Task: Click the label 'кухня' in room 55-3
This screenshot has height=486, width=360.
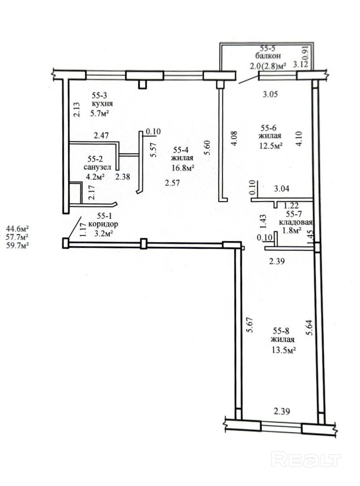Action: pos(102,103)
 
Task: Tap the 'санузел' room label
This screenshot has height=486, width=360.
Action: pos(97,167)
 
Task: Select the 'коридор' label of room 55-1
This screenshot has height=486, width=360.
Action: pos(103,224)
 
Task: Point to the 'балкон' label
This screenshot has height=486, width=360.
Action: pos(268,56)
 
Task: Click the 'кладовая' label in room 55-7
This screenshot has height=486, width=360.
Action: pos(295,222)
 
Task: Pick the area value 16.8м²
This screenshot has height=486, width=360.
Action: pos(183,168)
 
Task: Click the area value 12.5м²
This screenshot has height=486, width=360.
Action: pos(271,145)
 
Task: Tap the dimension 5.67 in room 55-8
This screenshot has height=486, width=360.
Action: pos(249,325)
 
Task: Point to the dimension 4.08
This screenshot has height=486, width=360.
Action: pos(234,138)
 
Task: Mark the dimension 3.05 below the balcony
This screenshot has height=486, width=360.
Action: pos(270,94)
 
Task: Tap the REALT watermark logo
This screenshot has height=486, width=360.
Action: pos(306,459)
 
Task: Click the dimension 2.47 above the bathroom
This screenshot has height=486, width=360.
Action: pos(101,136)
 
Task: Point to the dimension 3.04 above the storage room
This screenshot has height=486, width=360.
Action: pos(281,188)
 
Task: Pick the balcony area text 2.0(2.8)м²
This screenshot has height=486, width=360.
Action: pos(268,65)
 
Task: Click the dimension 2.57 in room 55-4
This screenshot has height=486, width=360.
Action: pos(172,183)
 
